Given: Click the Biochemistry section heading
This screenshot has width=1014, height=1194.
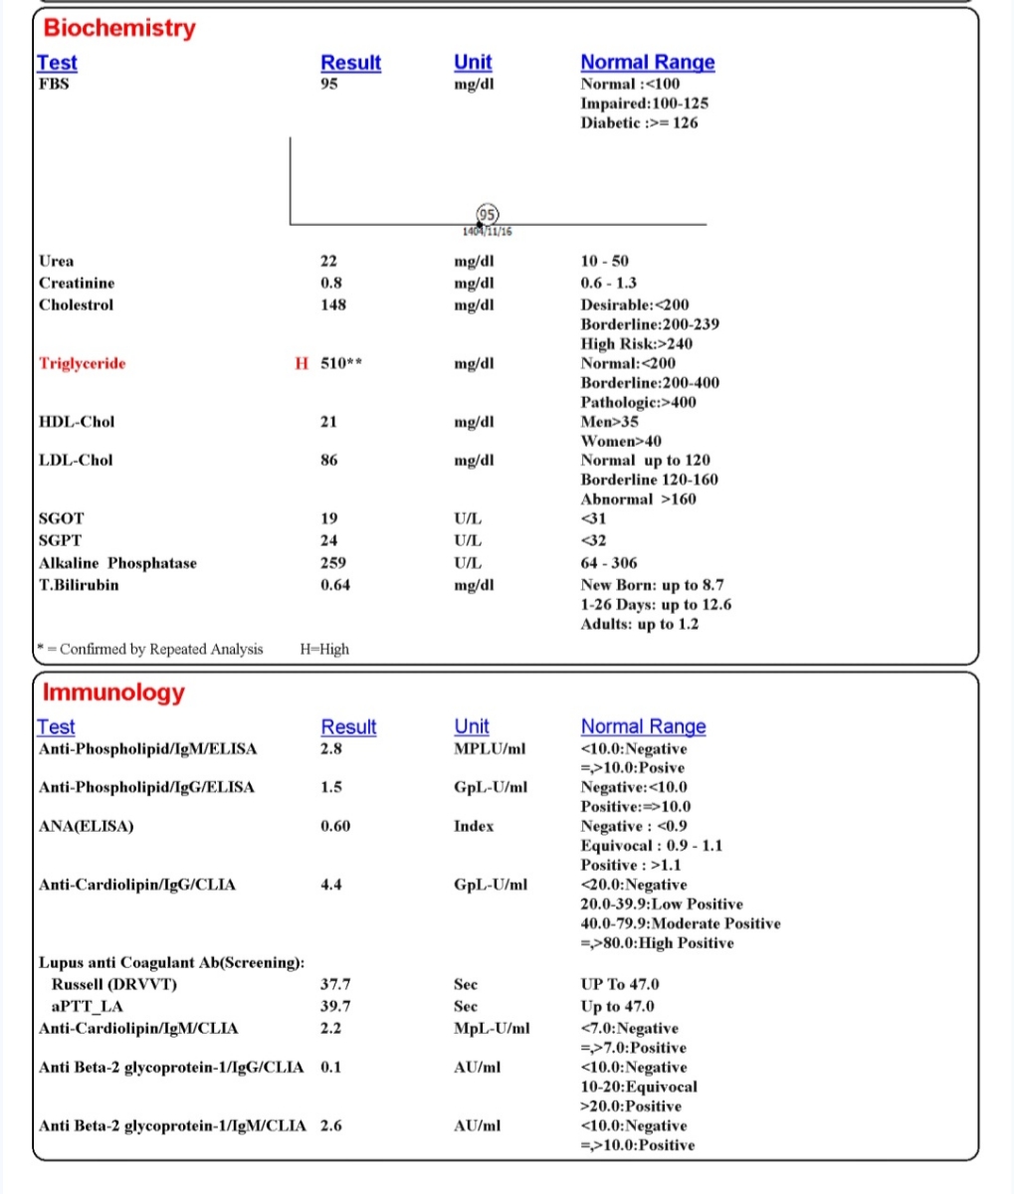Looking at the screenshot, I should point(119,28).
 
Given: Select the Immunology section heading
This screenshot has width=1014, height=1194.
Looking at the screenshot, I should point(113,693).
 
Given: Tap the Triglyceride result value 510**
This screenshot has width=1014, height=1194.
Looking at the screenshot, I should point(341,363).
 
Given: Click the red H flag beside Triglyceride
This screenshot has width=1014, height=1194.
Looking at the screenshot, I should point(302,363).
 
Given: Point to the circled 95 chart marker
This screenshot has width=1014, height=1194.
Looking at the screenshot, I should point(488,214).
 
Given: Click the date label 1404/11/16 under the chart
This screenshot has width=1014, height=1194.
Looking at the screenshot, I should point(488,232).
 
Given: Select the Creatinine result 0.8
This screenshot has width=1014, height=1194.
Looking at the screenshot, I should point(331,283).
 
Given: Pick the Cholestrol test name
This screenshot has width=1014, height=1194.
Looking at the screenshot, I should point(76,304).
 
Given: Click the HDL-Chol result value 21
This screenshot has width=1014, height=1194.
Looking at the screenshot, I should point(329,422).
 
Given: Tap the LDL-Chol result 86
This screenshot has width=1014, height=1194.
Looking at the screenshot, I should point(329,460).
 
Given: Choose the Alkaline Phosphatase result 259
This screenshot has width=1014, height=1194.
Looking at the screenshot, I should point(333,563).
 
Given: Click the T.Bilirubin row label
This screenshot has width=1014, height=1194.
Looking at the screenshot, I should point(79,585).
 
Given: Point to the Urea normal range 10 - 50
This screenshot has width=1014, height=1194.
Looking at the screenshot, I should point(605,261).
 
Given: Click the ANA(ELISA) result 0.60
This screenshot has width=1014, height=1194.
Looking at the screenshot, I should point(335,826).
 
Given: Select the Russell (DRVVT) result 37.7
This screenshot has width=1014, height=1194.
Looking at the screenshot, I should point(335,984).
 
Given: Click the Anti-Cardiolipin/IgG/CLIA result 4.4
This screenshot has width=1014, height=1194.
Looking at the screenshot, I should point(331,885).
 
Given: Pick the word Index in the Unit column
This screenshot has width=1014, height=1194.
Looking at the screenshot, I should point(474,826).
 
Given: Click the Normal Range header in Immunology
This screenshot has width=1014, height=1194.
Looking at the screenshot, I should point(643,726).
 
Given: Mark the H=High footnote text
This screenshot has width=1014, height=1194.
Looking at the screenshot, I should point(324,649).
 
